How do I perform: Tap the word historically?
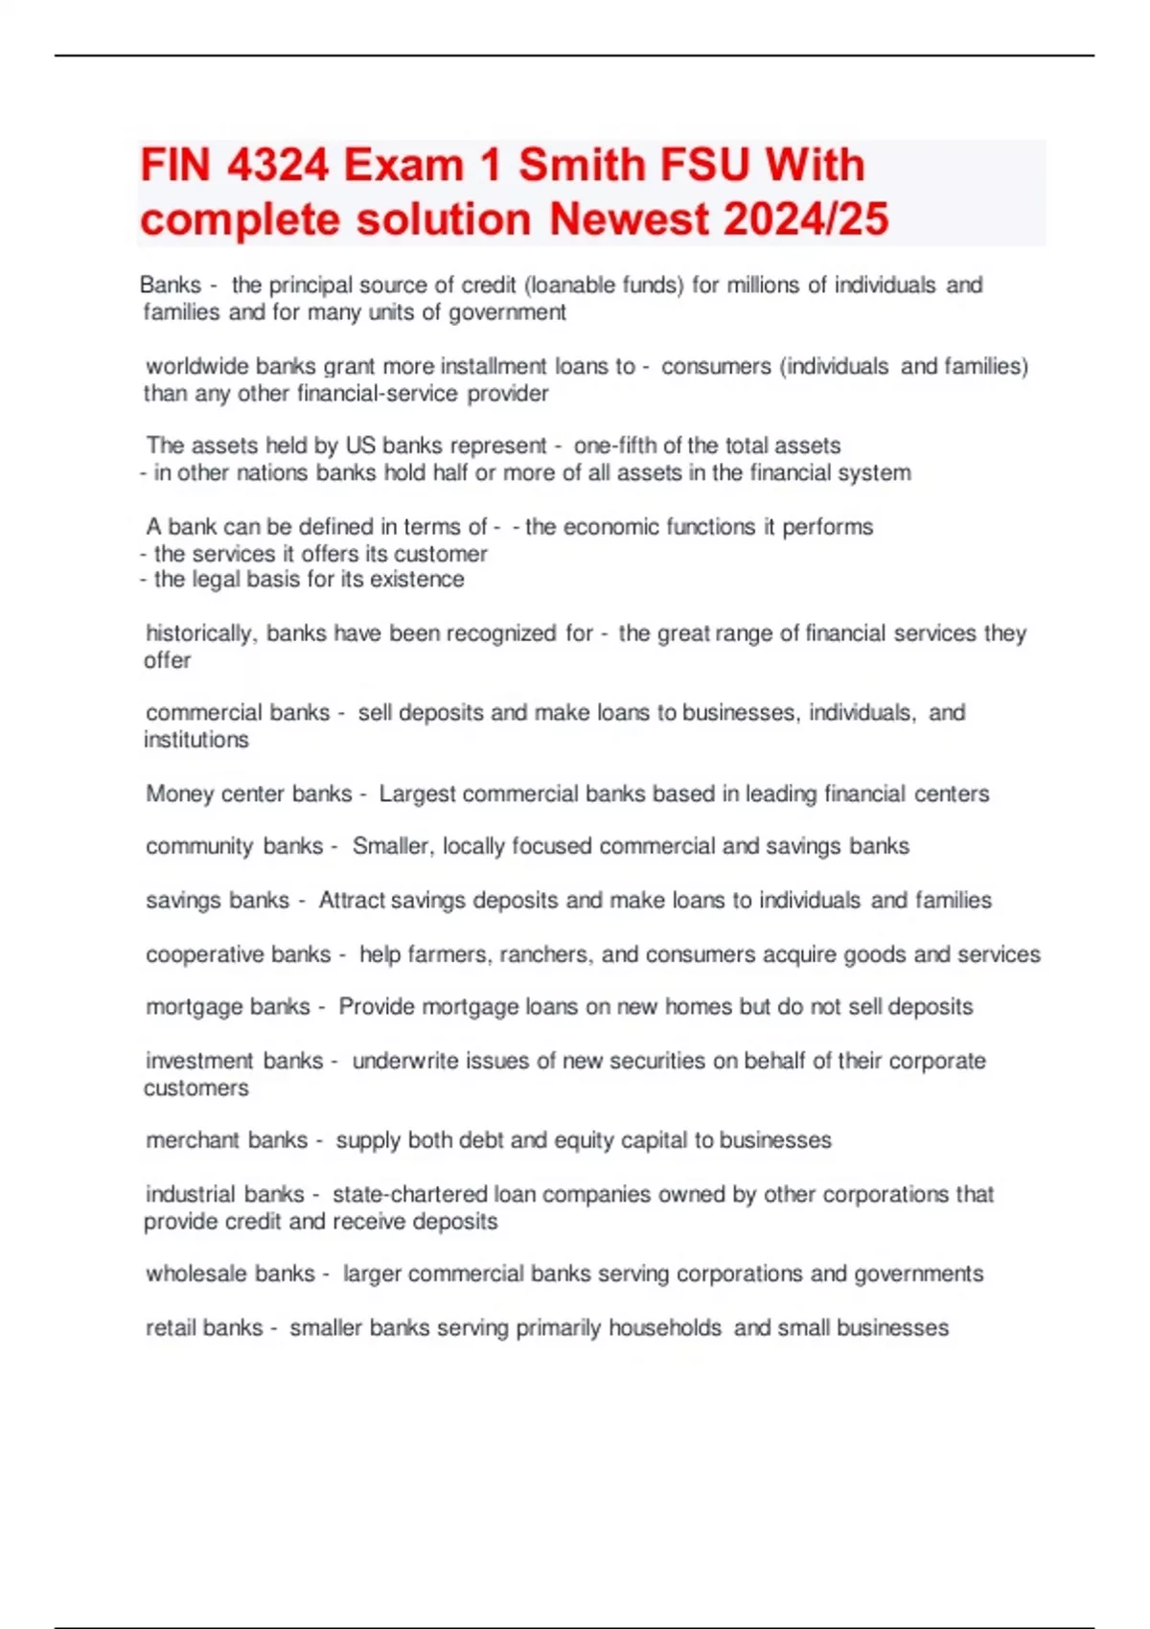(200, 633)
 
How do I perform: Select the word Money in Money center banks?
(179, 793)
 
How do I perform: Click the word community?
(199, 846)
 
